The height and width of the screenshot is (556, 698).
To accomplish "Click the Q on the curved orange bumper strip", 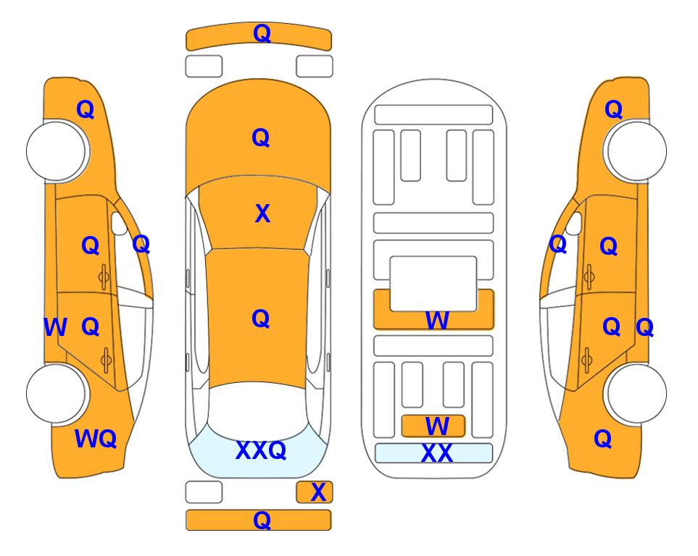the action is point(262,33).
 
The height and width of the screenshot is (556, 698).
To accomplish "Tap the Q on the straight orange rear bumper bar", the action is point(262,520).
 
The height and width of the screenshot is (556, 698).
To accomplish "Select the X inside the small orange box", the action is point(318,492).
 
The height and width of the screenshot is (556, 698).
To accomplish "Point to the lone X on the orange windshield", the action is point(262,214).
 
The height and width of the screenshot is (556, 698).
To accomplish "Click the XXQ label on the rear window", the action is point(261,450).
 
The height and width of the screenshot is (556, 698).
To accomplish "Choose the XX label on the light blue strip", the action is point(436,453).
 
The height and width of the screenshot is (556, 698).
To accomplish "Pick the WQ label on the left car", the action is point(96,439).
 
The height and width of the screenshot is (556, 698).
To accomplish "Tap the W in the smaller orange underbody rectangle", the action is point(437,426).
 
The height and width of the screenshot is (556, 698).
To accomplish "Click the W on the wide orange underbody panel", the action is point(437,320).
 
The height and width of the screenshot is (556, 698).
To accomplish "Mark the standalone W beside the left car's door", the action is point(56,327).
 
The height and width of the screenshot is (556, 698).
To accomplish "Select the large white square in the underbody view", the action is point(433,284).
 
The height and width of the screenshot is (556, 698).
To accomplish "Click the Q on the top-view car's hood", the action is point(261,138).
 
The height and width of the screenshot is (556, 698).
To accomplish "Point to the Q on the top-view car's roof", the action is point(261,319).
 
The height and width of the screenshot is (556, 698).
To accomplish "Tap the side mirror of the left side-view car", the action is point(118,224).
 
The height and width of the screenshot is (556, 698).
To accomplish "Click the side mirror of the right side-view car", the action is point(574,224).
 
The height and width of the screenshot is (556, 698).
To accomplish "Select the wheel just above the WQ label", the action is point(56,393).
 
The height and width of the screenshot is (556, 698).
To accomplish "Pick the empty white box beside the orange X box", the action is point(204,492).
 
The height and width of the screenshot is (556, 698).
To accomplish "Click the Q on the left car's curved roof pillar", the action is point(141,244).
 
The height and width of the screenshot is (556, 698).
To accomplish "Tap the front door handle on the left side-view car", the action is point(104,277).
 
